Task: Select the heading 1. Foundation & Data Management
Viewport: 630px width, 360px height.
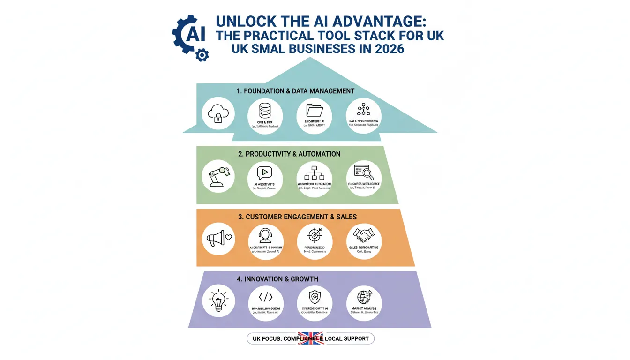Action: point(296,91)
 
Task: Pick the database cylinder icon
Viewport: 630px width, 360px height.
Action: point(265,111)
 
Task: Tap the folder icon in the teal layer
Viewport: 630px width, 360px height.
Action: point(314,110)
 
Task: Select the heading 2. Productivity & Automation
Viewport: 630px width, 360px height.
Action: point(289,154)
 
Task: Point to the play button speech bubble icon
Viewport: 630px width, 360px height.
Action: point(265,172)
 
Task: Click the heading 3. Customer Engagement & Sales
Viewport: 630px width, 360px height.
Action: point(298,217)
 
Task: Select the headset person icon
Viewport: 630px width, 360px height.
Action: point(265,235)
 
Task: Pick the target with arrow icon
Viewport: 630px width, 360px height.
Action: point(314,234)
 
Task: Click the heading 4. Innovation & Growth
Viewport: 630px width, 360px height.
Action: point(277,279)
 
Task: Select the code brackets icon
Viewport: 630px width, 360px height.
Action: point(265,297)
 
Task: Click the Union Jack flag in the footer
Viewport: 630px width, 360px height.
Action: point(310,338)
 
